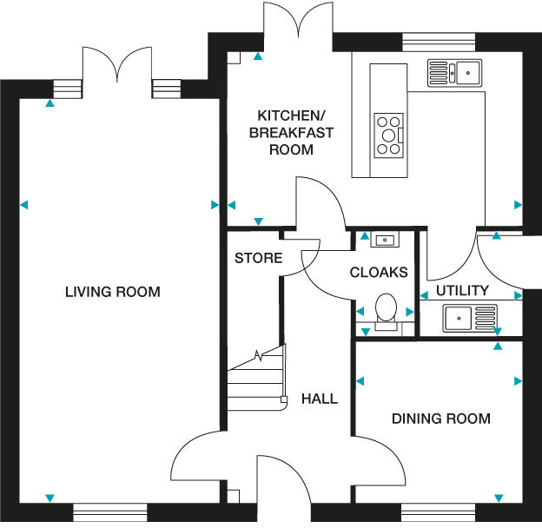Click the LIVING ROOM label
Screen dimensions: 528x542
click(113, 292)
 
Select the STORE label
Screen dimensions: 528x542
click(259, 258)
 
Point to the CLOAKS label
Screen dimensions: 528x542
click(379, 272)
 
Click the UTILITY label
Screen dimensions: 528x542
click(462, 290)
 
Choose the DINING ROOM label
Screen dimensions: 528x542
click(440, 419)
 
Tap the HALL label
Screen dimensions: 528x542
click(319, 399)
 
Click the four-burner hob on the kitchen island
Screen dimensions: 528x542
click(388, 135)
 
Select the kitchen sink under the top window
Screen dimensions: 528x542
click(454, 71)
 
